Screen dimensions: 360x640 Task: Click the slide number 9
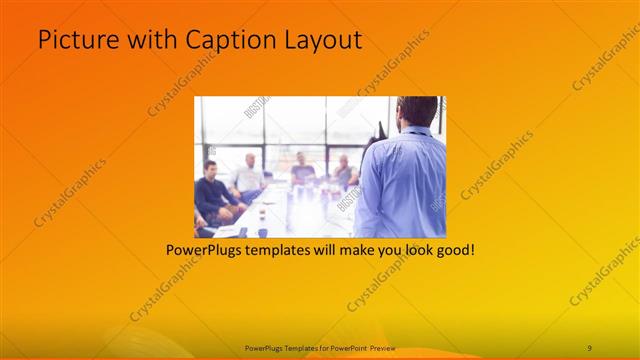point(589,347)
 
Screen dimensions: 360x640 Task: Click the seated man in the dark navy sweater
point(212,192)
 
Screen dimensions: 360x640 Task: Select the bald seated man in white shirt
point(246,177)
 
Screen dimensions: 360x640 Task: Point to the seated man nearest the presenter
point(344,172)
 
